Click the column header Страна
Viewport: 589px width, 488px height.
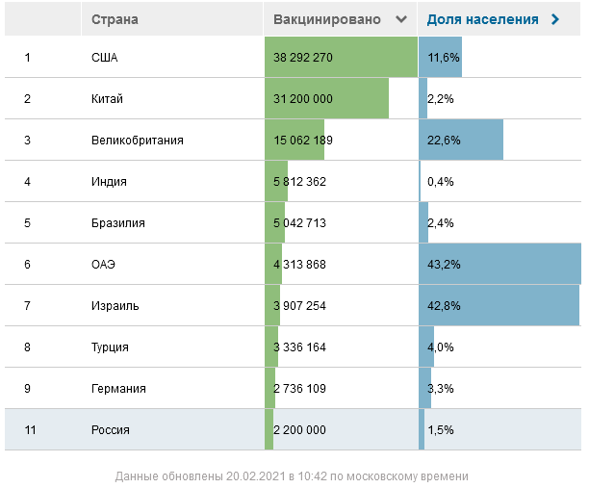pos(115,19)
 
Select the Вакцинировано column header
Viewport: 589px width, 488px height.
pos(326,19)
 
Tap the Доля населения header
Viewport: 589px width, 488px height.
pos(482,19)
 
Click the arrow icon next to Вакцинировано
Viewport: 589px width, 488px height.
pos(401,19)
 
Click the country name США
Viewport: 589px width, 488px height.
pos(104,58)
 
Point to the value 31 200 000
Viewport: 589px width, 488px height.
pos(303,98)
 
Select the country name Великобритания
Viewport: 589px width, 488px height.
pos(138,140)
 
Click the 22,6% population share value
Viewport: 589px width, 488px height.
pos(444,140)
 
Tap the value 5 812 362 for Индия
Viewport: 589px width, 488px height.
pos(300,181)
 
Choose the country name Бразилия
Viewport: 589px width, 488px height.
pos(118,222)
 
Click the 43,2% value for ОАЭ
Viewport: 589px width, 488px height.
pos(444,264)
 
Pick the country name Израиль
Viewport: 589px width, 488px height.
pos(115,305)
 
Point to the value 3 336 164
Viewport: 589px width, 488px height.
pos(300,347)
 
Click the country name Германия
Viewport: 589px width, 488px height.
pos(119,388)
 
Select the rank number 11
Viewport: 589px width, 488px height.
pos(30,429)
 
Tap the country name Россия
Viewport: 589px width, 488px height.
pos(111,429)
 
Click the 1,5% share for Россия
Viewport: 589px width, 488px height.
pos(441,429)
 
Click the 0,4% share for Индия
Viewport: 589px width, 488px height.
pos(441,181)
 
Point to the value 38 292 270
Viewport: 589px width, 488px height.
pos(303,58)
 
